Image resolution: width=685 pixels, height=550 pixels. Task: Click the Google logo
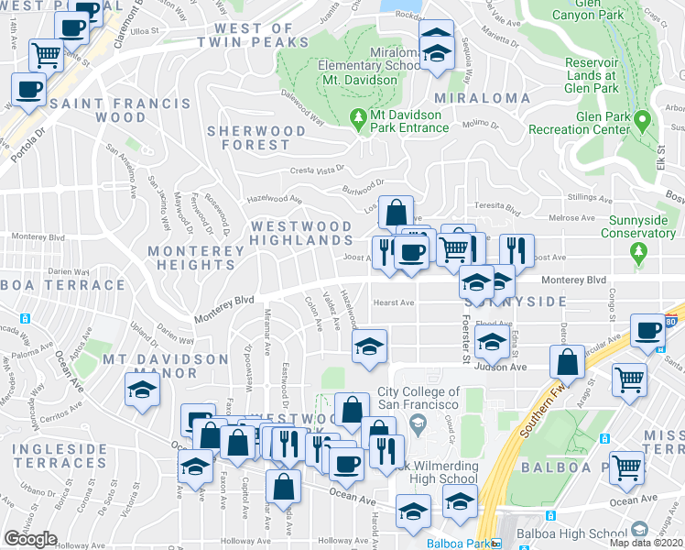30,539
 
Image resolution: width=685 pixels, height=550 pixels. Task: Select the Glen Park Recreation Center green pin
643,119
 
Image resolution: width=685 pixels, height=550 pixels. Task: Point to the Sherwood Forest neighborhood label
256,137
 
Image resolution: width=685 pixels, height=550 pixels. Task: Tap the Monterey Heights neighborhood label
196,257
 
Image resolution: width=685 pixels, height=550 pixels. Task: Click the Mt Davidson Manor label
165,366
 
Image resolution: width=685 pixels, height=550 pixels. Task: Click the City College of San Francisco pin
419,422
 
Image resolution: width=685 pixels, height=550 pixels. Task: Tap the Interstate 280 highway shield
672,324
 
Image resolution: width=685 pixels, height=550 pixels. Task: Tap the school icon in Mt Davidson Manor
142,390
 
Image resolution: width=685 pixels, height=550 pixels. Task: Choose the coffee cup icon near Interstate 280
649,331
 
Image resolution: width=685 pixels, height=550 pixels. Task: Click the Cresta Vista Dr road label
318,170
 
